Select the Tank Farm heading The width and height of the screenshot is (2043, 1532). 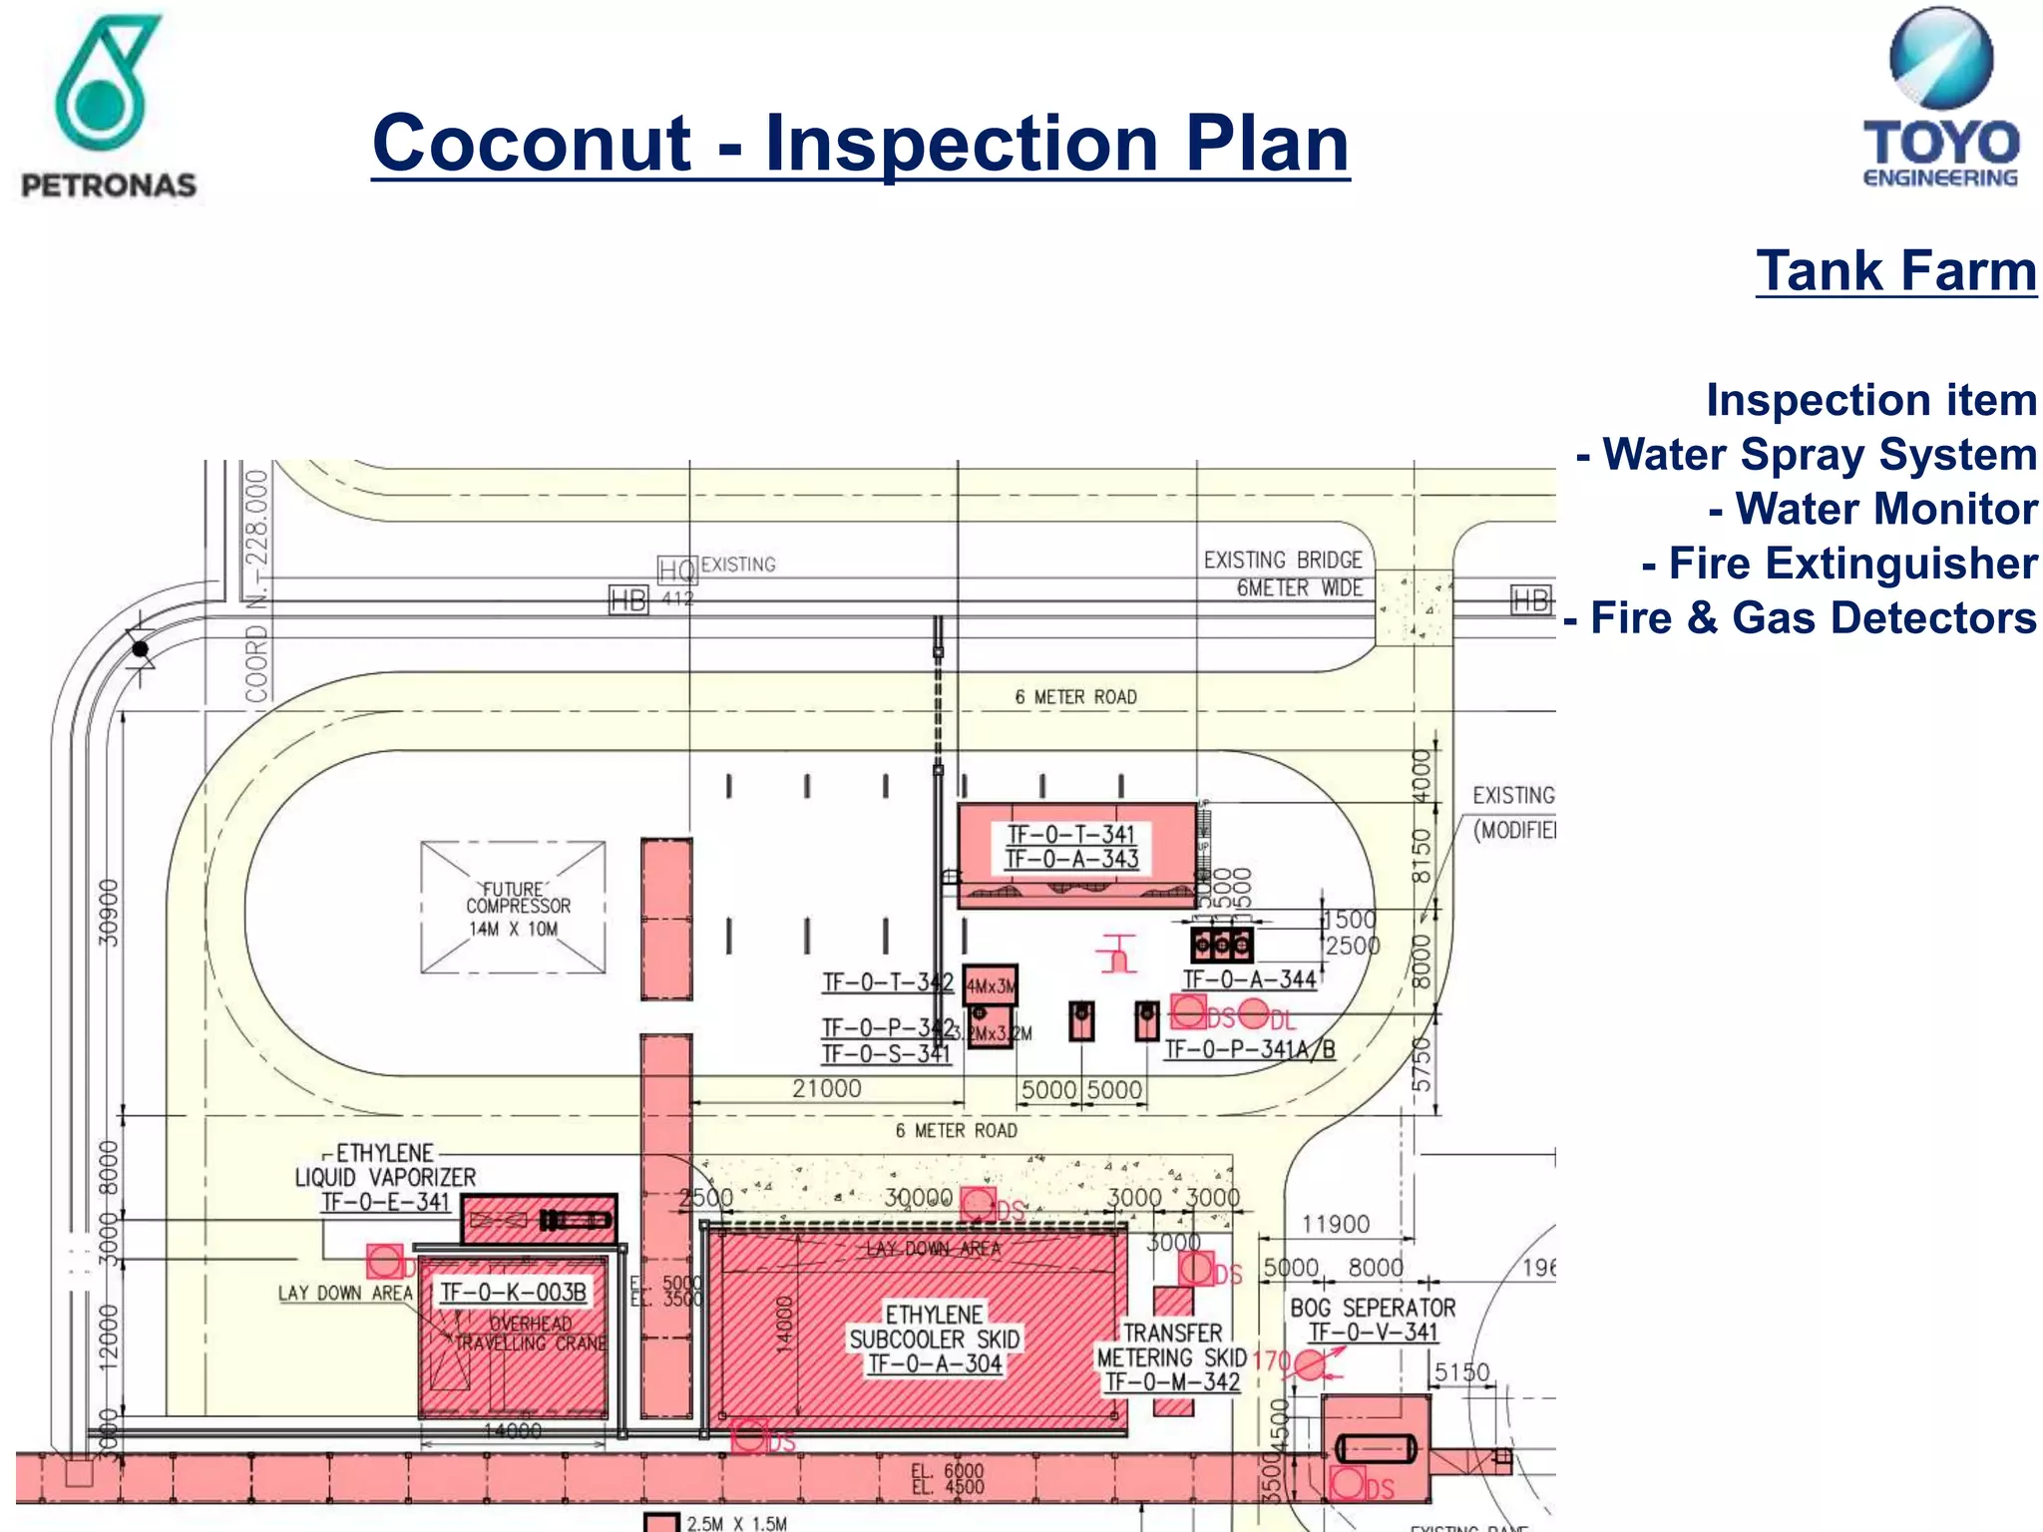point(1895,271)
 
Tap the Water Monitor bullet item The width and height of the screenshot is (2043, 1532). point(1872,509)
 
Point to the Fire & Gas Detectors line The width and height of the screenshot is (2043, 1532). point(1801,618)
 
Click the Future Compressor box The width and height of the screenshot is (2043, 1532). point(513,908)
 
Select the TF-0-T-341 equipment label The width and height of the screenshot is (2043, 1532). point(1071,835)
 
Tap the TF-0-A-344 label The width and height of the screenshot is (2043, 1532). point(1249,979)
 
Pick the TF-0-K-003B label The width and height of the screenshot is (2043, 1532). point(513,1293)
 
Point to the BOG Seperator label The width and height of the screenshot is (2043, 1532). point(1373,1308)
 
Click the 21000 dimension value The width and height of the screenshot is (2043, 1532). point(826,1089)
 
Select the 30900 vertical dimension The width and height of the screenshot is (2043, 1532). point(109,913)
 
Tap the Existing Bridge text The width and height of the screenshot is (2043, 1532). point(1283,561)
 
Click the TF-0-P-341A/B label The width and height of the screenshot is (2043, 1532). point(1249,1049)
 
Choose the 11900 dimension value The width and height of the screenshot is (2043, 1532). point(1336,1224)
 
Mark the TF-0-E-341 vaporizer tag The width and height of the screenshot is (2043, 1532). point(386,1202)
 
